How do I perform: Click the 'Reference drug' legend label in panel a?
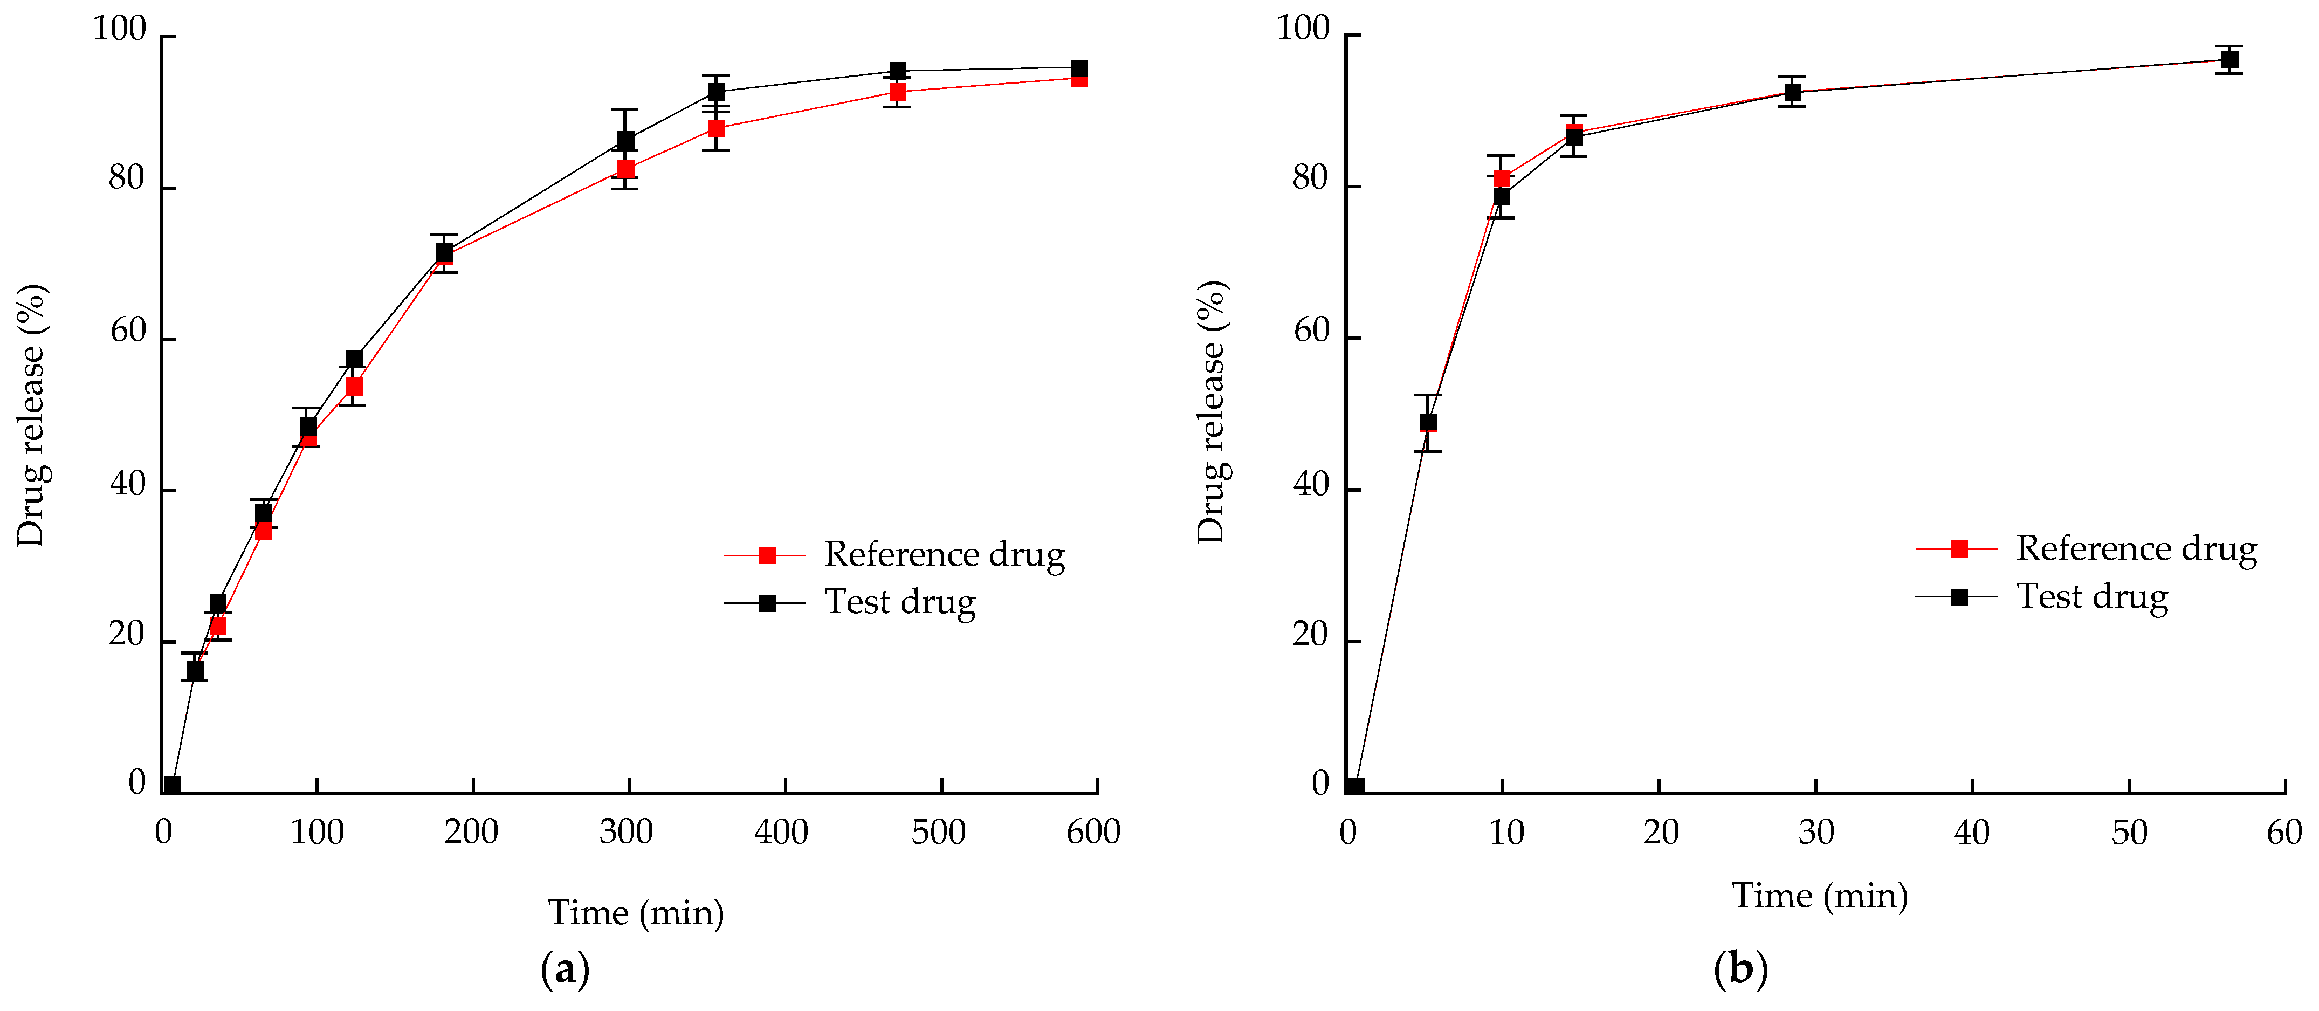click(x=944, y=554)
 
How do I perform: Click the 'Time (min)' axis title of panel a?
click(x=636, y=913)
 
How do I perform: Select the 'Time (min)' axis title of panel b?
click(x=1819, y=896)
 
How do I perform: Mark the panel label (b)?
click(x=1740, y=969)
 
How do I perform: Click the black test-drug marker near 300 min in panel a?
click(x=625, y=140)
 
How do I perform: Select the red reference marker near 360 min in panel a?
click(x=715, y=129)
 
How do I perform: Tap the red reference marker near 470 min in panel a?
click(x=897, y=92)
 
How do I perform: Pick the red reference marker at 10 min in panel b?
click(x=1502, y=178)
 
